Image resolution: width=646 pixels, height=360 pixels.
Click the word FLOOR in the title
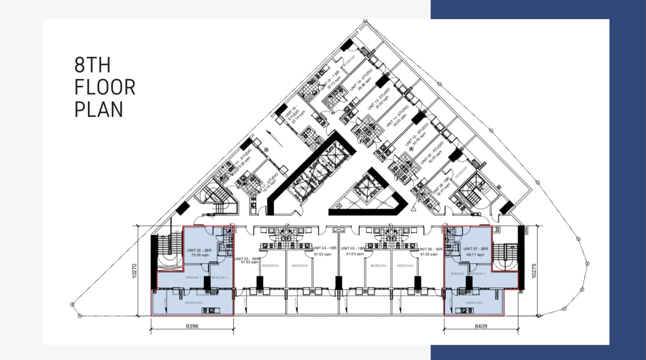pyautogui.click(x=105, y=87)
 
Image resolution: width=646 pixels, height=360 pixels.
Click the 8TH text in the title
pyautogui.click(x=92, y=65)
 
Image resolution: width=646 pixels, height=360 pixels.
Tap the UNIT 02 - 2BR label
pyautogui.click(x=199, y=250)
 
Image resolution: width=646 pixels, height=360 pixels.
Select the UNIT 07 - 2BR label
pyautogui.click(x=476, y=248)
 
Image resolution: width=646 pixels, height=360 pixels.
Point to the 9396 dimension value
pyautogui.click(x=192, y=326)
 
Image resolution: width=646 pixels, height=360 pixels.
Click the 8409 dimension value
pyautogui.click(x=481, y=326)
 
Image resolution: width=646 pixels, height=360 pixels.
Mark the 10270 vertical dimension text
pyautogui.click(x=134, y=271)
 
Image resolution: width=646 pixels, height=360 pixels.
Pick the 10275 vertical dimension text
pyautogui.click(x=534, y=271)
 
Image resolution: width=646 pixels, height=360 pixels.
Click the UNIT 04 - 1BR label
pyautogui.click(x=325, y=248)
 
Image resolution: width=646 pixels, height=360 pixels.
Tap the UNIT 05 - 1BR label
pyautogui.click(x=353, y=248)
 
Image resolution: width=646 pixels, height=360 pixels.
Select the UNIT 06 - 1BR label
pyautogui.click(x=430, y=249)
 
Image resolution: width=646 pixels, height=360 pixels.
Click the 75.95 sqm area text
pyautogui.click(x=200, y=255)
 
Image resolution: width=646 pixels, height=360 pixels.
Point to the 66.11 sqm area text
pyautogui.click(x=475, y=255)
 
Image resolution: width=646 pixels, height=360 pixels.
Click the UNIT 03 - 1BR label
pyautogui.click(x=247, y=259)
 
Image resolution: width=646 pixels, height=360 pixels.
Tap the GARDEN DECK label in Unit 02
pyautogui.click(x=194, y=303)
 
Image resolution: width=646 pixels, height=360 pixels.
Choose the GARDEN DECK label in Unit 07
pyautogui.click(x=475, y=303)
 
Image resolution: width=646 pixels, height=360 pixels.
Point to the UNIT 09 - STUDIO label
pyautogui.click(x=432, y=152)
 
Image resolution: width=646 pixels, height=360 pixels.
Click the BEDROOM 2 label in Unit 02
pyautogui.click(x=219, y=278)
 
